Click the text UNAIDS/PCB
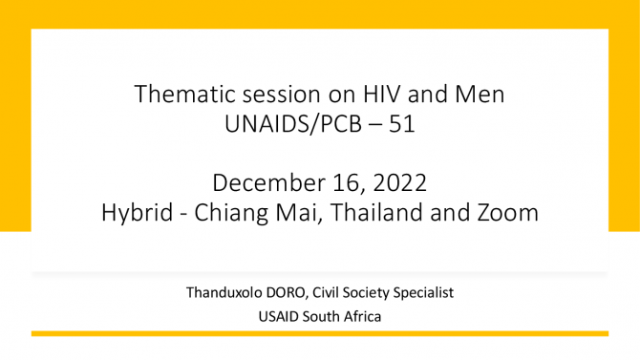click(x=293, y=124)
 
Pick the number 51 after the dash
click(x=401, y=124)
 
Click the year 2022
click(x=399, y=182)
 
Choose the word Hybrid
click(x=138, y=213)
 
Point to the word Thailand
click(x=376, y=212)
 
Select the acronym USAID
click(x=279, y=317)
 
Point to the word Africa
click(x=362, y=317)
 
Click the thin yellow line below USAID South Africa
click(x=320, y=334)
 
